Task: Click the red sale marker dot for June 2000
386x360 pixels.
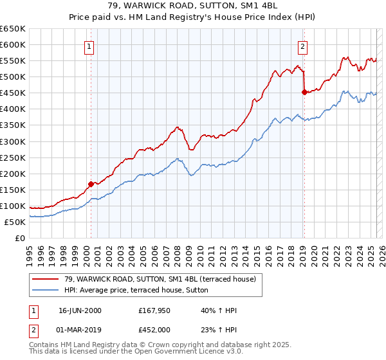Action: tap(91, 183)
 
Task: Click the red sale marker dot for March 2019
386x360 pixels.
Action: tap(304, 92)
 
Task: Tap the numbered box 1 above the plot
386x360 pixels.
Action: tap(88, 46)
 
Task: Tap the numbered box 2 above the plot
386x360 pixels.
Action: tap(302, 46)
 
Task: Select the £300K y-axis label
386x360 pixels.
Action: tap(14, 141)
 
